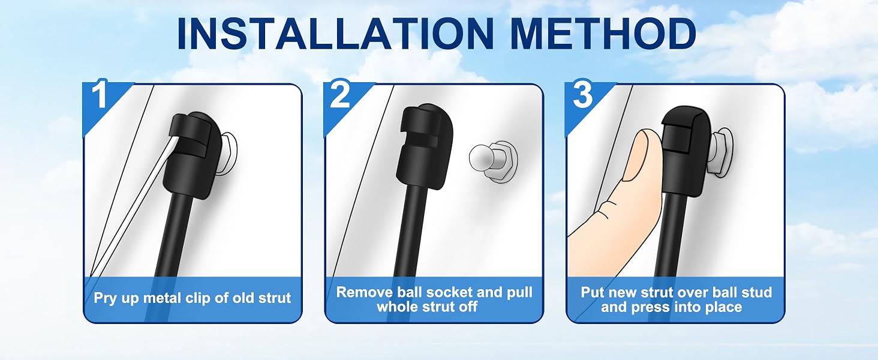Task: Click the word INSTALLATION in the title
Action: (x=335, y=34)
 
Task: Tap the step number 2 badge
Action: (x=340, y=96)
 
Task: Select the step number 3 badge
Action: (x=582, y=96)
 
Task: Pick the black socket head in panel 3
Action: (x=686, y=151)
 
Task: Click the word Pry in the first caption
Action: (x=105, y=299)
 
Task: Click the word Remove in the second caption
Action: (x=365, y=293)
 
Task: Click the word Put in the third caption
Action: (x=593, y=293)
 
